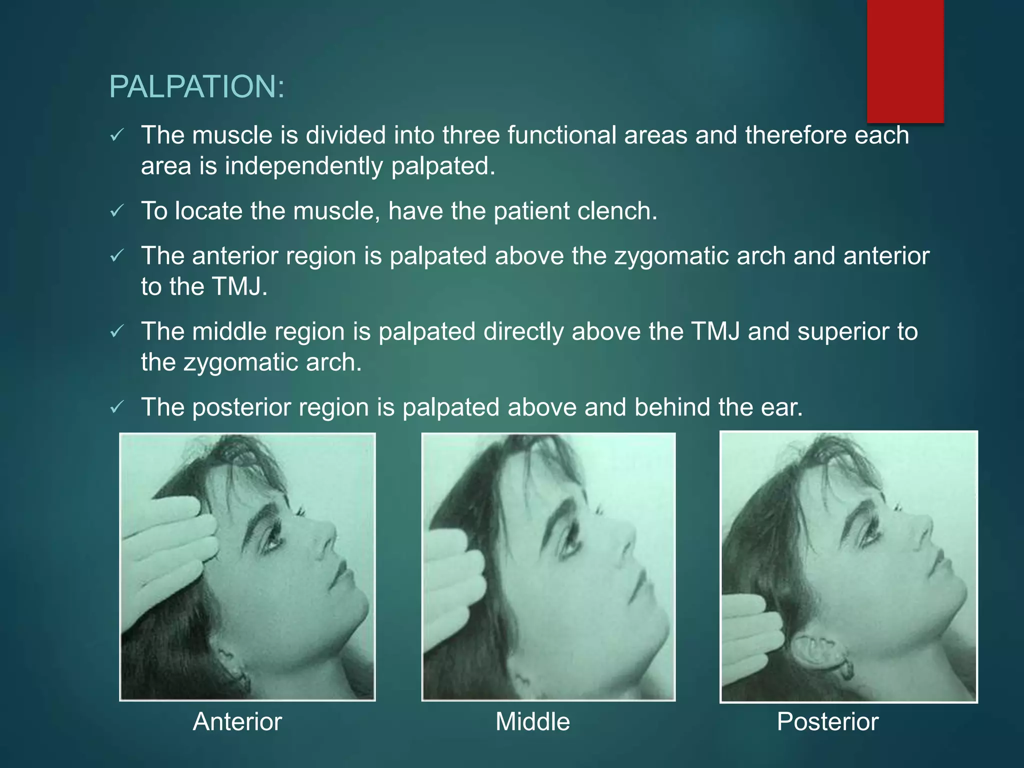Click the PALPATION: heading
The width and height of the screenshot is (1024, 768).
196,87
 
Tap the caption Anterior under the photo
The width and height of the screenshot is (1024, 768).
237,721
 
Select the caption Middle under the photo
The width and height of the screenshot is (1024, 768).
532,721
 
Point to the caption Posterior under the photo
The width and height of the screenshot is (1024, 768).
827,721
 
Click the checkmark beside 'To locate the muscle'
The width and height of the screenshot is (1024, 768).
116,211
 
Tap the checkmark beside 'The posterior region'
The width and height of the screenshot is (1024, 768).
116,407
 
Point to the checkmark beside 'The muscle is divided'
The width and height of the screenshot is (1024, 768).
116,135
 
